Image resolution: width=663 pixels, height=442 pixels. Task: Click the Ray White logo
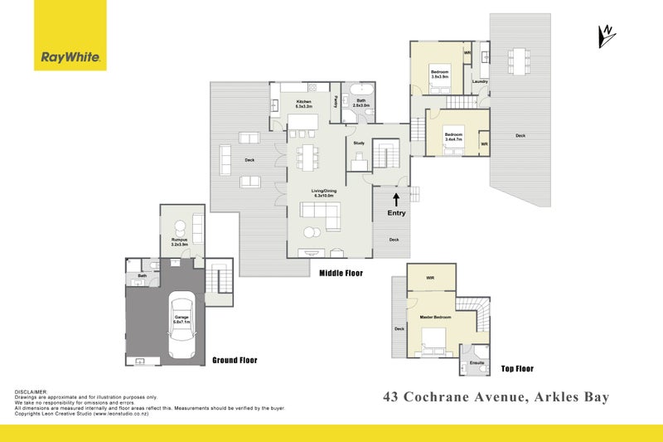click(70, 58)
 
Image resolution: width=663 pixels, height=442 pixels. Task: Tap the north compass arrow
click(607, 34)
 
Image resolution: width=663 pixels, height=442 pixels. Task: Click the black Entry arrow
click(396, 199)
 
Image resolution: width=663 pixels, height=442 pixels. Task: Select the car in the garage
click(180, 326)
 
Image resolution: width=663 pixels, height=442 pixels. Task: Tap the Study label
click(359, 143)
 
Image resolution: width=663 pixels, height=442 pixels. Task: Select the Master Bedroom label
click(435, 318)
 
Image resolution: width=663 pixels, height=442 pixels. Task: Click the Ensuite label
click(477, 363)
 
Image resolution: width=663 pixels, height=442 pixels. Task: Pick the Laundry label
click(479, 81)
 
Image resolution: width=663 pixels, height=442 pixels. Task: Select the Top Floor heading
click(518, 368)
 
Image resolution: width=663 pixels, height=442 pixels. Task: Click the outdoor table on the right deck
click(520, 57)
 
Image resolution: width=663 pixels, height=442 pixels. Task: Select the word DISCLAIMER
click(32, 391)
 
